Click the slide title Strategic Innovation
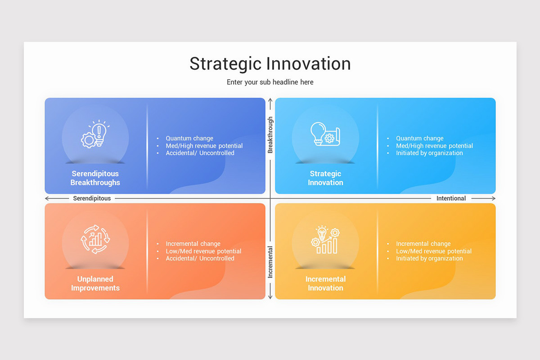coord(270,63)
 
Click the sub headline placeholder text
coord(270,82)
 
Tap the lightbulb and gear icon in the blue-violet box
coord(95,134)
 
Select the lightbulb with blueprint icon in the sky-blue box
coord(325,134)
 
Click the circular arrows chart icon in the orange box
coord(95,239)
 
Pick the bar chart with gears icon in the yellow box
coord(325,239)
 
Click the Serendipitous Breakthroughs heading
coord(95,178)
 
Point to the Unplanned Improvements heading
coord(95,283)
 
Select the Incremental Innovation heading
coord(325,283)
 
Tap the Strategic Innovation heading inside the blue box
coord(325,178)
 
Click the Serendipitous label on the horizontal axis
coord(92,198)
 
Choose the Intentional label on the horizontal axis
coord(451,198)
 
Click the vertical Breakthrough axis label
coord(270,135)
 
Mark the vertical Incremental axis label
coord(270,262)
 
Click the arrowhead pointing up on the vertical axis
coord(270,101)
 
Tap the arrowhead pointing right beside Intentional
coord(493,198)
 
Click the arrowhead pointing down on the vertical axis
coord(270,297)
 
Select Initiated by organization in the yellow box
coord(429,258)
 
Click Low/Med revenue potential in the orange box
coord(203,251)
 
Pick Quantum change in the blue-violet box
coord(189,139)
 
